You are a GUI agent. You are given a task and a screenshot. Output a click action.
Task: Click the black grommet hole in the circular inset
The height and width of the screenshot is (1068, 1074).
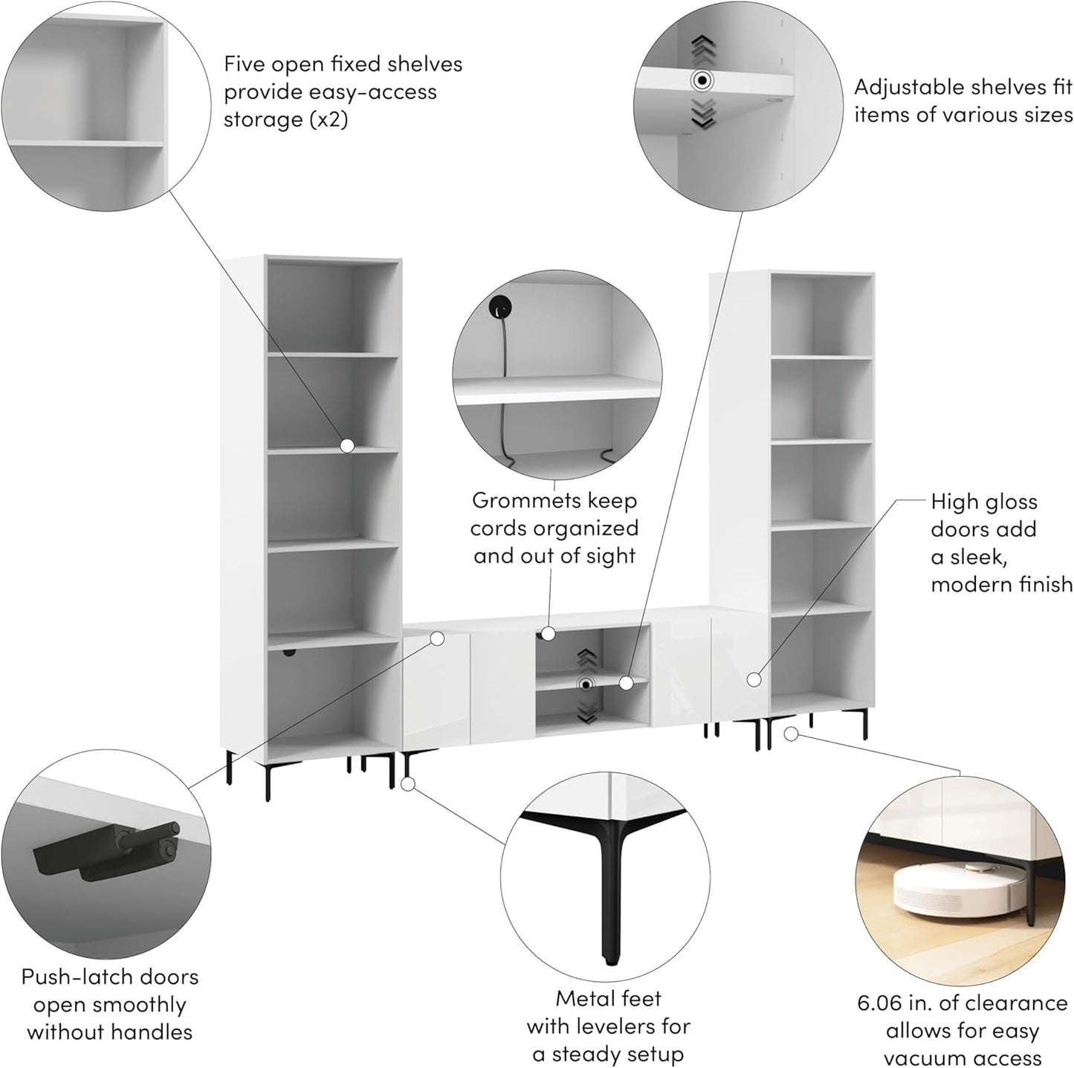500,306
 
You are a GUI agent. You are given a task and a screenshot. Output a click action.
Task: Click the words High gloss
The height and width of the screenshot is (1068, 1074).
984,502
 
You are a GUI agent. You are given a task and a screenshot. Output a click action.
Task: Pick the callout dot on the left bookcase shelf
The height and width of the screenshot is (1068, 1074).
347,445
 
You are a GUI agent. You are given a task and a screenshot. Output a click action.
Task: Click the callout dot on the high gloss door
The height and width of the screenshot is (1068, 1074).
754,679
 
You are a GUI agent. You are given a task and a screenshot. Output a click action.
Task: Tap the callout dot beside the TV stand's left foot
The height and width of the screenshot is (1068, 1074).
408,783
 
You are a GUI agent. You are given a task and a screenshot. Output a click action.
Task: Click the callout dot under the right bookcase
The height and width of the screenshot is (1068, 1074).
790,734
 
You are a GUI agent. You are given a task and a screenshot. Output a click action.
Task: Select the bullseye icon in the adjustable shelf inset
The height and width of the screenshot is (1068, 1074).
702,81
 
